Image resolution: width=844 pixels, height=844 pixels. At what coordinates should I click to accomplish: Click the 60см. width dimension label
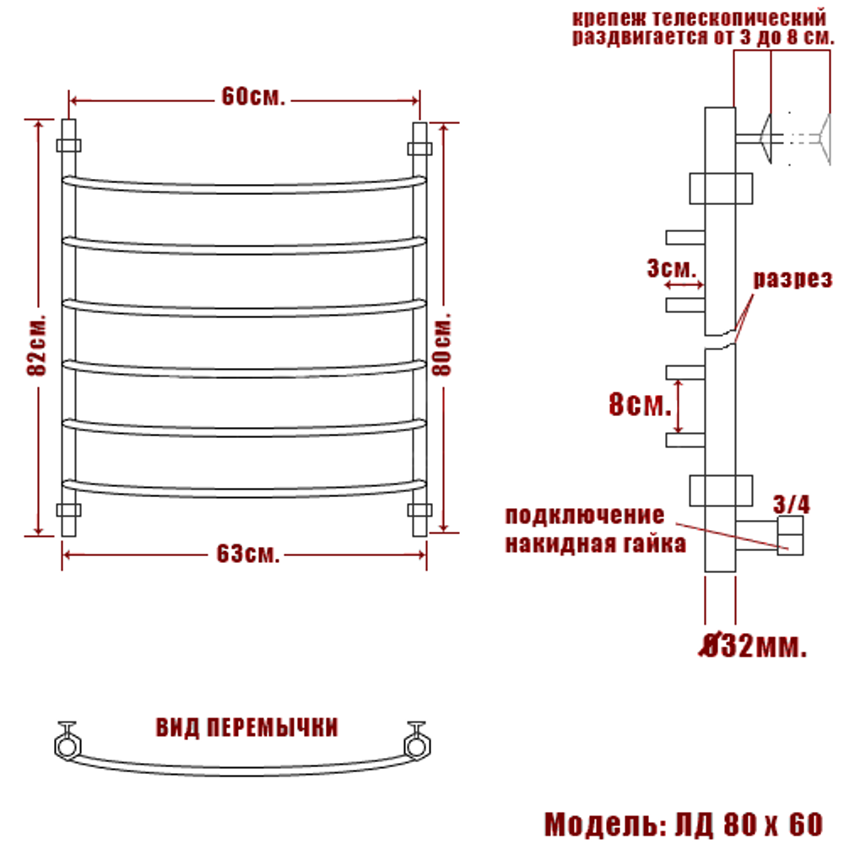252,97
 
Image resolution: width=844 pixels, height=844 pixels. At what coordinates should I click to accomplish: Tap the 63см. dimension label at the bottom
247,554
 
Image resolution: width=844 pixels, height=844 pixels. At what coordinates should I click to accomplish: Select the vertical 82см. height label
36,344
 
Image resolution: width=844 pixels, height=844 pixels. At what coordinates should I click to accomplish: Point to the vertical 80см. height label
441,344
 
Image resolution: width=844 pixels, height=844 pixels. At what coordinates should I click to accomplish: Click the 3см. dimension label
671,268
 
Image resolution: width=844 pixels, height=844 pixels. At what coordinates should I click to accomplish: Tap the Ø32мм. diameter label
753,646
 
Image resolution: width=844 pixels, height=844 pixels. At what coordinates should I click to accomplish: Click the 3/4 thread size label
792,505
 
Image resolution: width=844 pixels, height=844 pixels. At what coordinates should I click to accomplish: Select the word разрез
793,279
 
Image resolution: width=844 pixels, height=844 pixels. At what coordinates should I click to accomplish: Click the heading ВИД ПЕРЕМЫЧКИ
247,728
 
